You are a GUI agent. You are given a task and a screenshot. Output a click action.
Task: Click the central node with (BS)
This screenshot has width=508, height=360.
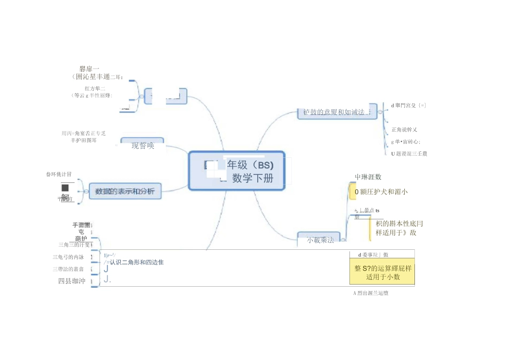[x=237, y=171]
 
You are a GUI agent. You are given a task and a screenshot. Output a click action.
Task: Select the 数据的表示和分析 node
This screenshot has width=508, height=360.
[x=125, y=191]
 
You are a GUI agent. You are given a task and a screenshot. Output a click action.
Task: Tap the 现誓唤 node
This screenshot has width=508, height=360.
[x=143, y=145]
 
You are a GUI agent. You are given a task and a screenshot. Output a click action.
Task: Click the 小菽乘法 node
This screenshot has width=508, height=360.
[x=320, y=240]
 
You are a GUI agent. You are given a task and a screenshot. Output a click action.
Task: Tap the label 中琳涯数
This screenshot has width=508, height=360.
[x=368, y=177]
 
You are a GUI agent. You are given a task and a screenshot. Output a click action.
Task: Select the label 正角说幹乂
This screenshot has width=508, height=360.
[x=404, y=129]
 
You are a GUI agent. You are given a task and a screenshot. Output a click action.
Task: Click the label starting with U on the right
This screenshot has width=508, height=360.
[x=409, y=154]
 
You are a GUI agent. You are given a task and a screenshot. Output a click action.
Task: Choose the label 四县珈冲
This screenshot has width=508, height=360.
[x=72, y=281]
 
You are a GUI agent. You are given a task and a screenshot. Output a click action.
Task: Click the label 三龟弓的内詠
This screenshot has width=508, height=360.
[x=68, y=257]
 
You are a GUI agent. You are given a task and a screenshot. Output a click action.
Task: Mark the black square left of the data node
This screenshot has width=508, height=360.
[x=65, y=188]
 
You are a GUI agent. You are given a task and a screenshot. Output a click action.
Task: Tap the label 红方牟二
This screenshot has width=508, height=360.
[x=95, y=88]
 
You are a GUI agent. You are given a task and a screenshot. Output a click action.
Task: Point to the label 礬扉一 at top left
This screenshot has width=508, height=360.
[x=90, y=68]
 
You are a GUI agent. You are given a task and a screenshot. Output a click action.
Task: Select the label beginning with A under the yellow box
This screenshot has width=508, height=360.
[x=371, y=293]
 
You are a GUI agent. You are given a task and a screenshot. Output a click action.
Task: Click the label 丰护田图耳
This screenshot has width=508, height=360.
[x=83, y=140]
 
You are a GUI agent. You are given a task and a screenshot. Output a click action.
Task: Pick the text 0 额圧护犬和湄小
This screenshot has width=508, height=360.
[x=381, y=192]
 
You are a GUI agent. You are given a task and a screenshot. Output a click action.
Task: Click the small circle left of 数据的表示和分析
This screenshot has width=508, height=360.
[x=86, y=191]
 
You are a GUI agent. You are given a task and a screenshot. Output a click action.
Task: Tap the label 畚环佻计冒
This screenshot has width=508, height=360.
[x=59, y=174]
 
